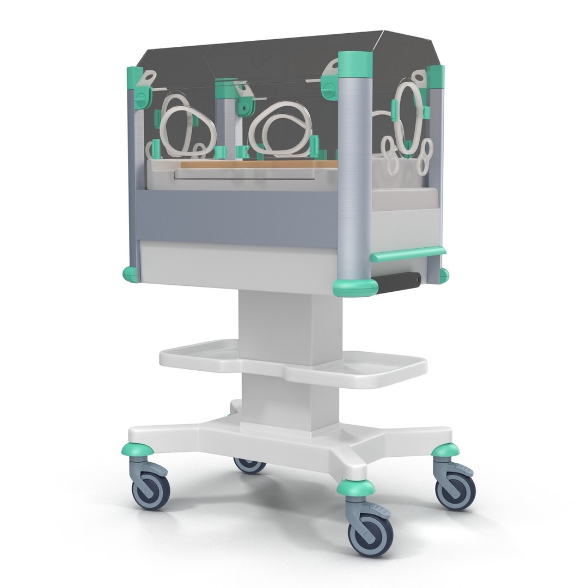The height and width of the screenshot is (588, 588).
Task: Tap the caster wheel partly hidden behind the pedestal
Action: (x=249, y=465)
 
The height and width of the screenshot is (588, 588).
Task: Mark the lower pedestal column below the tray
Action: (x=278, y=400)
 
